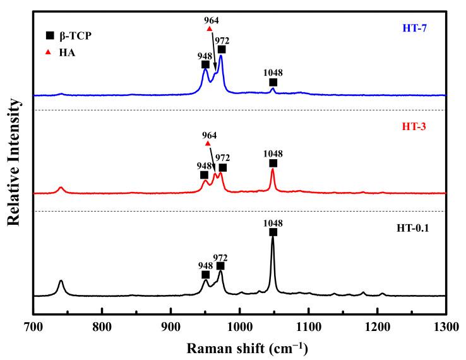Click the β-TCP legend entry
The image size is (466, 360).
tap(63, 36)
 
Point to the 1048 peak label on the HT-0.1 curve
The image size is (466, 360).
tap(273, 223)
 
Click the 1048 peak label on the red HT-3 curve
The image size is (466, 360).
tap(273, 153)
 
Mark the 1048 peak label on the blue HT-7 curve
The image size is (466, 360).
tap(273, 73)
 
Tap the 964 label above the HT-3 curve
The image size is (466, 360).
tap(209, 135)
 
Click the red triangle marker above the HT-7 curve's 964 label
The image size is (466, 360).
tap(210, 29)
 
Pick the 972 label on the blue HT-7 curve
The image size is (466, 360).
tap(222, 40)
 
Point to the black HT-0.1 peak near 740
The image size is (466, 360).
tap(61, 282)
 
